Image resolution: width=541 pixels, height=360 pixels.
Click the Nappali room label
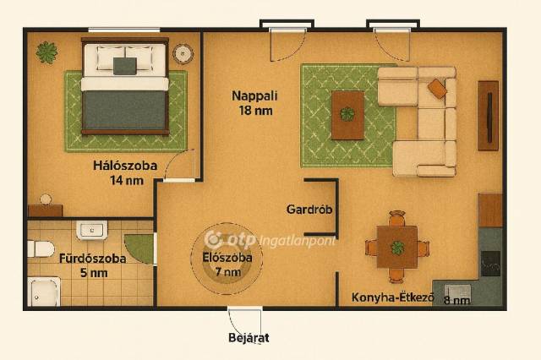pos(254,95)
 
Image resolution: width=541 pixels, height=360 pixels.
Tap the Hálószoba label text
pos(125,166)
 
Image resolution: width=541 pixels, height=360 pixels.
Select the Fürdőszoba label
pos(92,259)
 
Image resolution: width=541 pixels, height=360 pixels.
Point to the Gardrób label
pos(309,209)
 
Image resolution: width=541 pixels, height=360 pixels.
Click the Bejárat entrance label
pos(249,337)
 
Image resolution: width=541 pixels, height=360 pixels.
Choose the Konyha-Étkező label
pos(392,297)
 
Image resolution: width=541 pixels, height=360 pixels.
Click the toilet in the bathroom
pos(41,248)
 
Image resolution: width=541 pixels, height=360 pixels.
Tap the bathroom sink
pos(92,230)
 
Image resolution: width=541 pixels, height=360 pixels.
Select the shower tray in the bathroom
pos(44,292)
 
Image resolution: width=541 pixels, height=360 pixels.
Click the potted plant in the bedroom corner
pos(47,52)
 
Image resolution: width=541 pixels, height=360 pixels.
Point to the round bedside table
pos(183,54)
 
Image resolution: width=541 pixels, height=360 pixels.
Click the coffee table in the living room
pos(347,115)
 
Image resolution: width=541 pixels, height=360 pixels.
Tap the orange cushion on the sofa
pos(437,89)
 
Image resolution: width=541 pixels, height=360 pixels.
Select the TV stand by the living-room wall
pos(488,116)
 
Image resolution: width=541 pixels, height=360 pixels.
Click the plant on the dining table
pos(397,248)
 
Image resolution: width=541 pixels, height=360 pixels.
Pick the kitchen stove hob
pos(490,264)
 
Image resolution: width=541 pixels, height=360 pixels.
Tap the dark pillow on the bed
pos(125,66)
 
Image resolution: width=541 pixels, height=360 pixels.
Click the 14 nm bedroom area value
pos(127,180)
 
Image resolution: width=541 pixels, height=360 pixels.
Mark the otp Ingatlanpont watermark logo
pos(270,240)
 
